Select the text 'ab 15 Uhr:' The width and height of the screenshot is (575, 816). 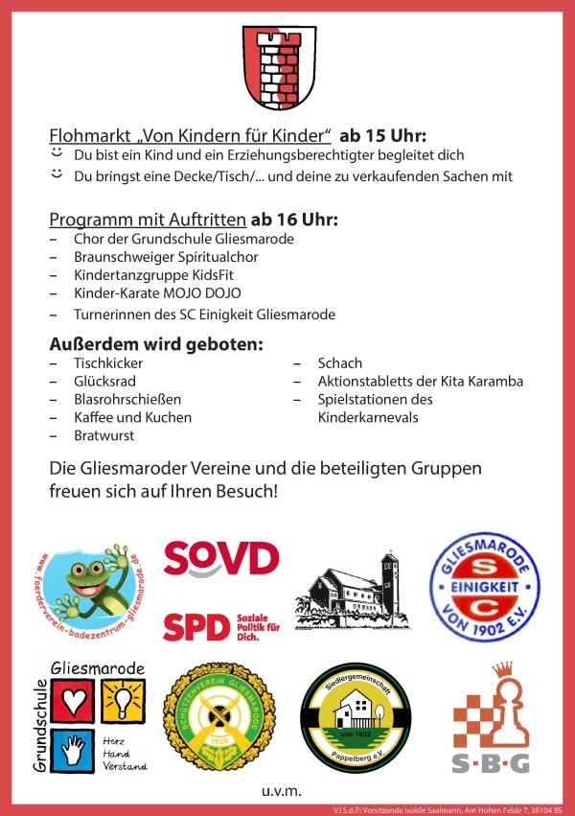(382, 134)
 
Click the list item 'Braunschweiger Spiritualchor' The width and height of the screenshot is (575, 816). (166, 257)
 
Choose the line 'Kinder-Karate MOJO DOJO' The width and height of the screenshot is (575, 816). (157, 292)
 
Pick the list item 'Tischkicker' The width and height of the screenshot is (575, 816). (108, 363)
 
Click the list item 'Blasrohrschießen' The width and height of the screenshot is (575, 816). (127, 399)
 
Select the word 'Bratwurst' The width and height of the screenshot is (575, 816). (104, 434)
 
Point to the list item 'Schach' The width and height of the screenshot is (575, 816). (340, 363)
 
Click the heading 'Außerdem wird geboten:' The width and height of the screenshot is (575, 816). (156, 343)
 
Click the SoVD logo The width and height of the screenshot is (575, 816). (220, 557)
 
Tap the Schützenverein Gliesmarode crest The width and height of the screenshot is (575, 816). (221, 718)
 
